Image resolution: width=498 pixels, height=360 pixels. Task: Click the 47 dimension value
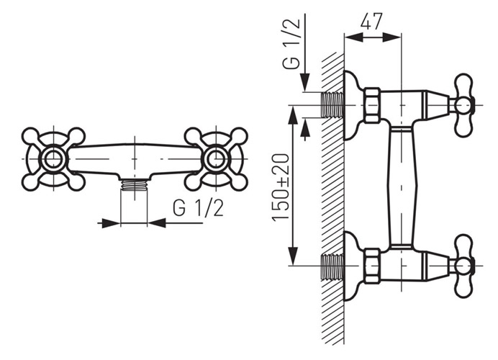371,22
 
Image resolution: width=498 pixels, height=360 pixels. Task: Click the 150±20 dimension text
281,186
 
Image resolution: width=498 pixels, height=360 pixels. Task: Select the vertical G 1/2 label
291,43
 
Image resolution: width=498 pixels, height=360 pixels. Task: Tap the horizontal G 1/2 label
198,208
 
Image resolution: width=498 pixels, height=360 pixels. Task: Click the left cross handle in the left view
53,159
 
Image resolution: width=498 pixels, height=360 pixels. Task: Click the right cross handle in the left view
217,159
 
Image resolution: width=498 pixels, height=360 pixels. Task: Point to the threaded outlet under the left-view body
134,185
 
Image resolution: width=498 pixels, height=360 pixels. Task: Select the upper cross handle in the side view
463,105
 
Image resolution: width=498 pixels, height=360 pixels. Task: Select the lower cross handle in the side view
463,266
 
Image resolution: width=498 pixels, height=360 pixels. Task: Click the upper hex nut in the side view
372,105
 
